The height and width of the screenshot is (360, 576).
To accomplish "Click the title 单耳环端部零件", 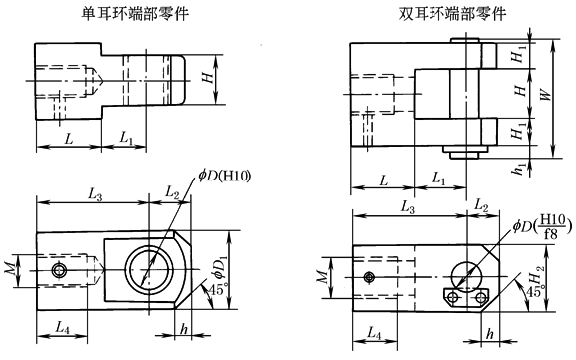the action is click(x=135, y=14).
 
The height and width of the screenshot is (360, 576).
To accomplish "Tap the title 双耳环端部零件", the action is click(x=452, y=14).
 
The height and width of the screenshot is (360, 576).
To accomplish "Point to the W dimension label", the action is click(x=547, y=94).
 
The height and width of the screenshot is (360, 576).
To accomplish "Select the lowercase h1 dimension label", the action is click(x=518, y=168).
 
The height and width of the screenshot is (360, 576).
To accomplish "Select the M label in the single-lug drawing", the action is click(x=11, y=269).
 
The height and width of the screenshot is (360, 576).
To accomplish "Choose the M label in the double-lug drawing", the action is click(x=322, y=277).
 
